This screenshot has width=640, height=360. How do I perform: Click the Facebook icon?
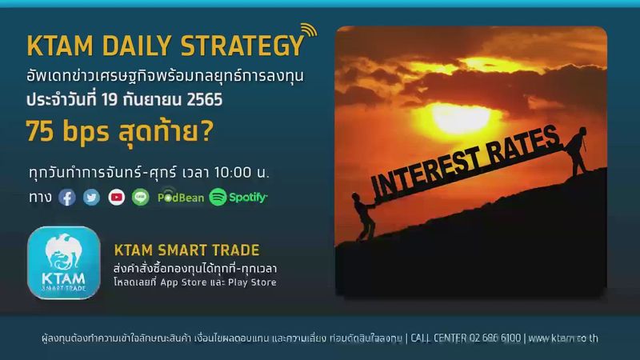(67, 196)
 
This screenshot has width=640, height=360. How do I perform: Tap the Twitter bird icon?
(92, 196)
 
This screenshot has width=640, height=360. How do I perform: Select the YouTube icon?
(117, 196)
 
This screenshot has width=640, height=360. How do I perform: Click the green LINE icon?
(141, 196)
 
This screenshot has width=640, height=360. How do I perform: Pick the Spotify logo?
(238, 196)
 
